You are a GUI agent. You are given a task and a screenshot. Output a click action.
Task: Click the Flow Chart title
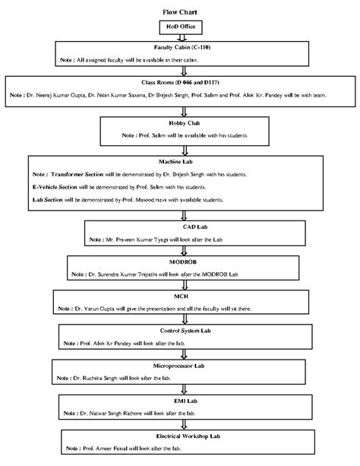[x=180, y=14]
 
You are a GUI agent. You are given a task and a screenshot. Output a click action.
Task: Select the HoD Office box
[x=180, y=27]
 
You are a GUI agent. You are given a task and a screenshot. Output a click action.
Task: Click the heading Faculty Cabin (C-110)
[x=180, y=47]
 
